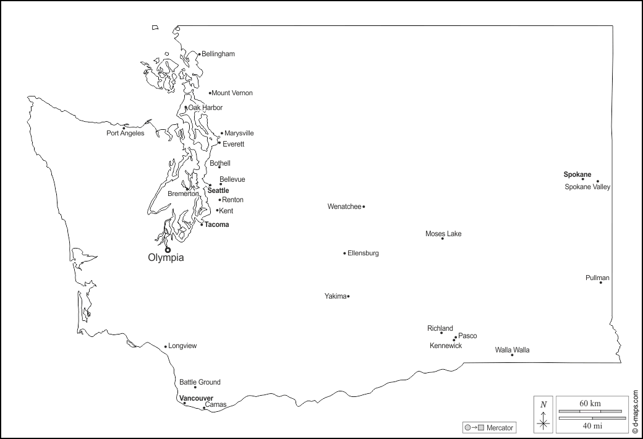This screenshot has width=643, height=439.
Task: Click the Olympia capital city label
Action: point(166,258)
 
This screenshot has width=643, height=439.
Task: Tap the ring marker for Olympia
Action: point(168,250)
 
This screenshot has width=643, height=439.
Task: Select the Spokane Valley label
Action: point(587,187)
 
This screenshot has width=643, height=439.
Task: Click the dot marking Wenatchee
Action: point(364,207)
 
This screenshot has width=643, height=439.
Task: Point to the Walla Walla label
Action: point(512,350)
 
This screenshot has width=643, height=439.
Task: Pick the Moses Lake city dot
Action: point(443,239)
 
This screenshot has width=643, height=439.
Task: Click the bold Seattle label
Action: point(218,190)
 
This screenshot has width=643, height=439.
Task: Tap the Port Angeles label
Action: point(125,133)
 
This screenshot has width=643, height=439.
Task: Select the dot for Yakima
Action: point(348,296)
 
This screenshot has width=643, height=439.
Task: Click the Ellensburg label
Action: point(363,253)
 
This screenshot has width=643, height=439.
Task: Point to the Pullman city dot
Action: point(600,283)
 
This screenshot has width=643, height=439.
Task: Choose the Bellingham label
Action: point(218,54)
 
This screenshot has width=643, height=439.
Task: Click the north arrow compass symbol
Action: point(543,414)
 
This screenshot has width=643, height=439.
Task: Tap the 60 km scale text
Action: point(590,403)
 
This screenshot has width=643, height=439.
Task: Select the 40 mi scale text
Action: point(590,425)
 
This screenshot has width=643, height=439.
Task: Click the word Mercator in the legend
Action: point(500,428)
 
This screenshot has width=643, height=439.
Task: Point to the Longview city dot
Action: point(166,346)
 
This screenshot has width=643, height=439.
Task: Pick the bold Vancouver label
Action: point(196,398)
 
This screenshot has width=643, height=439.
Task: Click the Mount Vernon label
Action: point(232,93)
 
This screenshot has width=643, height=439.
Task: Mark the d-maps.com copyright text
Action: point(636,411)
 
